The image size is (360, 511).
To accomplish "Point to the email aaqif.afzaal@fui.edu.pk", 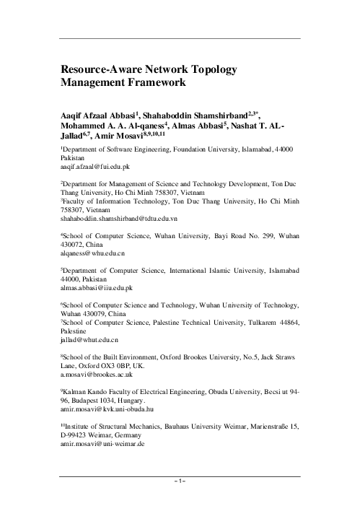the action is click(95, 165).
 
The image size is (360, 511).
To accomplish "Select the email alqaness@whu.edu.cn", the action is click(92, 255).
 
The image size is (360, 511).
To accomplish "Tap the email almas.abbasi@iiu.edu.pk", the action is click(97, 288).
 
